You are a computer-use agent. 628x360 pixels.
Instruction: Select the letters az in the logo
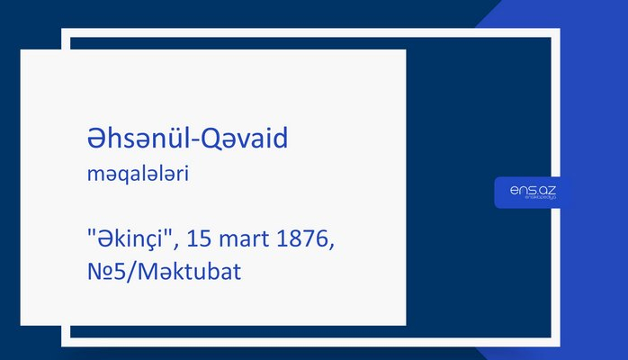click(546, 190)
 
